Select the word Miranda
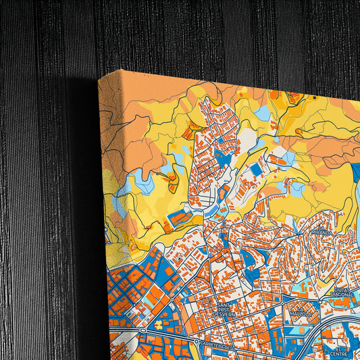[322, 232]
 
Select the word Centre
[338, 351]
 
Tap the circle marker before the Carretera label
[197, 342]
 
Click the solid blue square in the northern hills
[255, 169]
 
